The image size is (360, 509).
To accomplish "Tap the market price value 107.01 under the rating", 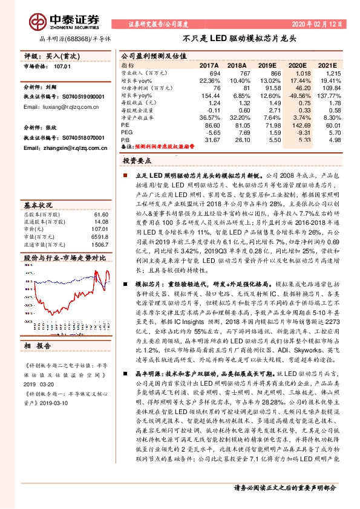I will pos(62,66).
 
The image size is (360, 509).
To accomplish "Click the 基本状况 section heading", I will pos(39,204).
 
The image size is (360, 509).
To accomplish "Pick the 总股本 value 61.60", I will pos(100,214).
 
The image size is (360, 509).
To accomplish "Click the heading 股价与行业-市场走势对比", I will pos(65,257).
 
